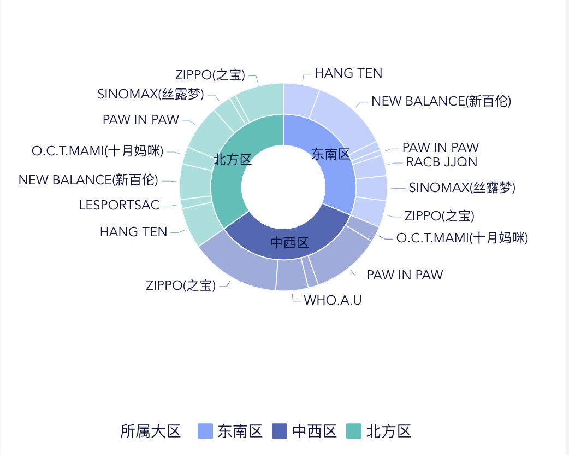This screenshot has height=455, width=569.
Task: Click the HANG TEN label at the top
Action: [x=348, y=73]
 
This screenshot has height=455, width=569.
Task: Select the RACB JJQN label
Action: [x=442, y=162]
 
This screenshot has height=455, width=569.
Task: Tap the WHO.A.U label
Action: [x=333, y=300]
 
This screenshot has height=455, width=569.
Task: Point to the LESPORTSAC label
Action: [x=119, y=205]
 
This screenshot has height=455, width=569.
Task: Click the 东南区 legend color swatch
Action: [x=205, y=431]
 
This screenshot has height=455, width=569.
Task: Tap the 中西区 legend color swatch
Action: [x=280, y=431]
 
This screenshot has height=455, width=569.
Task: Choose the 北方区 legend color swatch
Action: [x=354, y=431]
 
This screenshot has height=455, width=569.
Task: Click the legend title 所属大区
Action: [x=150, y=431]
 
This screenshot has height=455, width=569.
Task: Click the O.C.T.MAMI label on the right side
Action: [x=462, y=238]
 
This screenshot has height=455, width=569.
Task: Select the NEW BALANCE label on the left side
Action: [x=88, y=180]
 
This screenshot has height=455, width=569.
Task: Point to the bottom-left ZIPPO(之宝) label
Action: [x=181, y=285]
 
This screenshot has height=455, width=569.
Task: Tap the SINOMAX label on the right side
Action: [x=462, y=188]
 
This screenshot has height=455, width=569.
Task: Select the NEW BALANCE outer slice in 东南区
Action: [x=341, y=118]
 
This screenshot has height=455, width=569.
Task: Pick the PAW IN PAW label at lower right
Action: [x=405, y=275]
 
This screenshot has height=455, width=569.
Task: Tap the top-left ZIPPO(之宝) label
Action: [x=210, y=75]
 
